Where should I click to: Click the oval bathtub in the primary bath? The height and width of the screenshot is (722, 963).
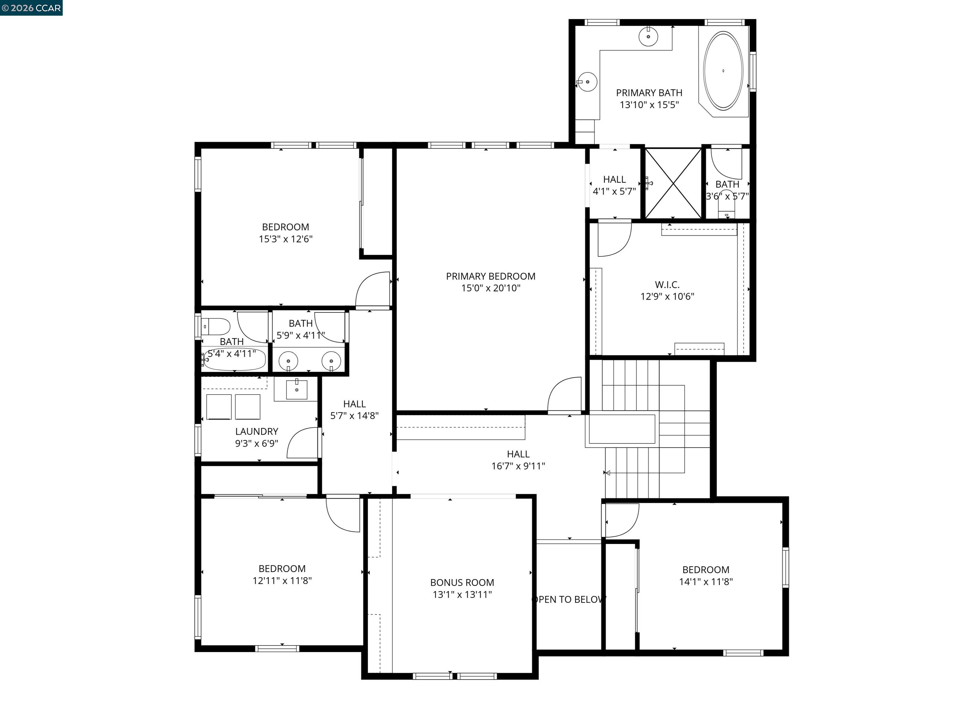tap(723, 70)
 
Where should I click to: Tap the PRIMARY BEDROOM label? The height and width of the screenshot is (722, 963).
tap(491, 276)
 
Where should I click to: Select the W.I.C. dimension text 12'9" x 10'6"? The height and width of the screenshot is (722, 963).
tap(667, 296)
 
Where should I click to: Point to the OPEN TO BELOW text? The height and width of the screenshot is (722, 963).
tap(569, 599)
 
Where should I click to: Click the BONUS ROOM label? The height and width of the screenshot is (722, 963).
tap(462, 582)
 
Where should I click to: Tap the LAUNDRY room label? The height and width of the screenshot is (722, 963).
tap(256, 431)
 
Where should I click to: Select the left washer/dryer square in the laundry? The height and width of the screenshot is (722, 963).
tap(218, 406)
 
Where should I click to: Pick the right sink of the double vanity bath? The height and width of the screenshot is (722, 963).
tap(331, 361)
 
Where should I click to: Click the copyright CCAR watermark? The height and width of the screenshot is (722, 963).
tap(31, 8)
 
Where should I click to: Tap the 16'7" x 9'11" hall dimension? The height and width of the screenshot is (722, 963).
tap(518, 466)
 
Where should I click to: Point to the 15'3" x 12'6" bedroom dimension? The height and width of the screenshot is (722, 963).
tap(286, 239)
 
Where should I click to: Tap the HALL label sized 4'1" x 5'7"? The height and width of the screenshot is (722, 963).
tap(614, 179)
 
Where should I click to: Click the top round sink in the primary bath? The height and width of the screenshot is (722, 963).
tap(648, 36)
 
